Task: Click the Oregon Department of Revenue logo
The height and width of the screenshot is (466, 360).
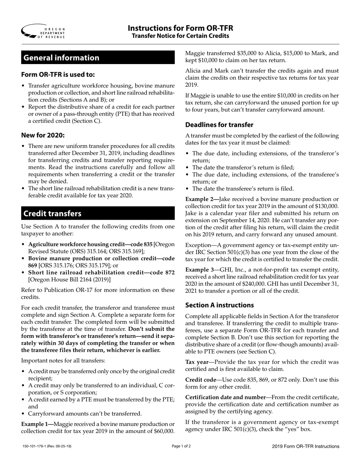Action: (43, 31)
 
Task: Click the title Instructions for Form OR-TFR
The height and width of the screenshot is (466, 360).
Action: (180, 28)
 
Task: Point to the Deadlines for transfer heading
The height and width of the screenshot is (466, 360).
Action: (219, 125)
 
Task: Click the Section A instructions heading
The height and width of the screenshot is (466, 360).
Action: (219, 305)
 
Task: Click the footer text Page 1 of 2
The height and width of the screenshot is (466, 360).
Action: (181, 446)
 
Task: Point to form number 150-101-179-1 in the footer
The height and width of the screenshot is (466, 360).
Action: (36, 447)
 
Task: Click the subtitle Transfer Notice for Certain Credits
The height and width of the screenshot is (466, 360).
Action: (180, 36)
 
